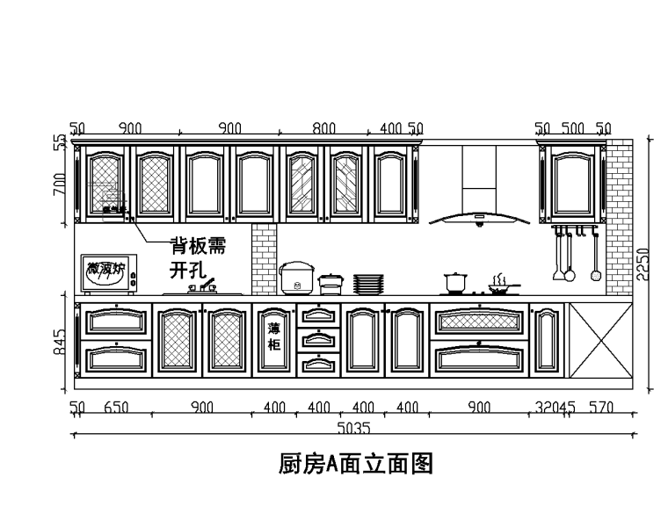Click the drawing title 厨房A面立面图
(357, 463)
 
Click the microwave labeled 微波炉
(108, 273)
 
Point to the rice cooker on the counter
(296, 278)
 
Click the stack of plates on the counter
(368, 284)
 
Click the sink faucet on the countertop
(204, 286)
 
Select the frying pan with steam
(502, 285)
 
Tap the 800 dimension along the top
(324, 128)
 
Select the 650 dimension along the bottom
(117, 408)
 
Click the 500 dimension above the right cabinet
(572, 128)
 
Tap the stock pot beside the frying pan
(455, 283)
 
